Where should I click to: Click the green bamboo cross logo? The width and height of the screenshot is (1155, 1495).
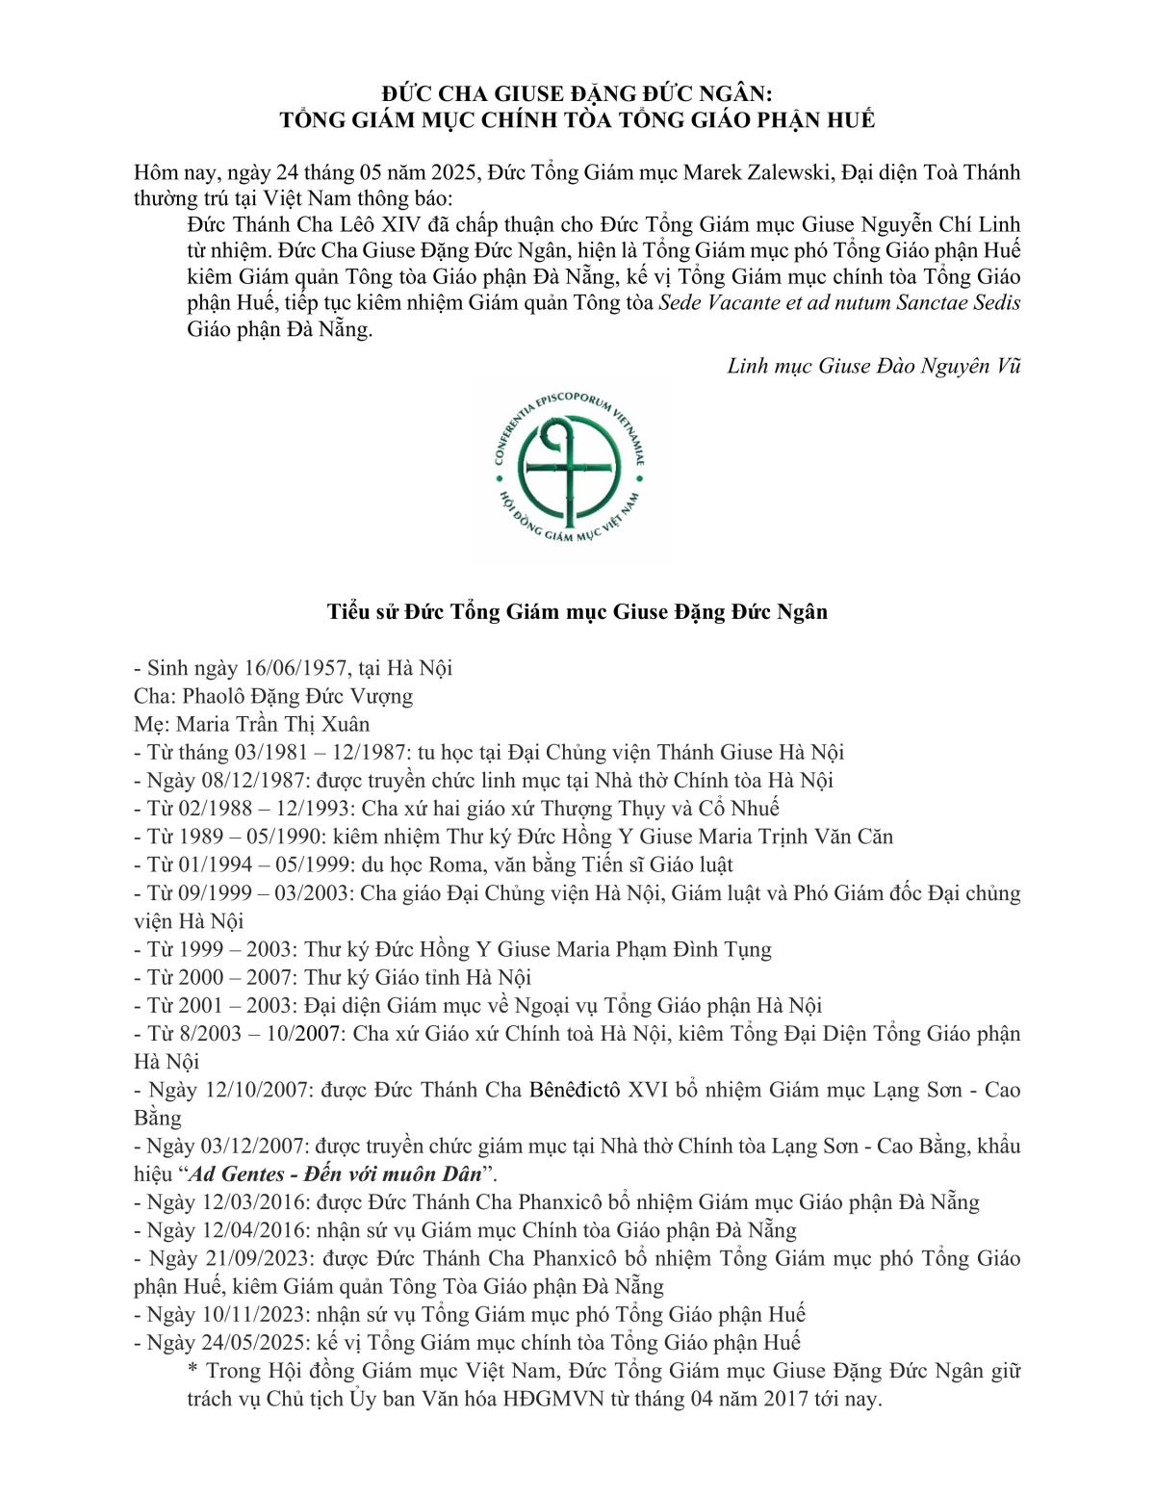568,473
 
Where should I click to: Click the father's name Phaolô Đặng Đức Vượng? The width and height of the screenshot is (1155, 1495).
297,696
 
